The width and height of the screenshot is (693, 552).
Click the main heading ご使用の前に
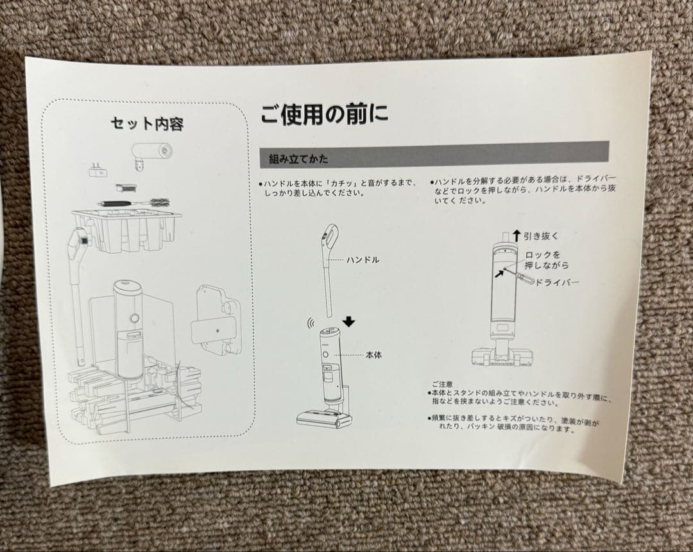tap(324, 114)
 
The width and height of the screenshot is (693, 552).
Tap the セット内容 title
tap(147, 123)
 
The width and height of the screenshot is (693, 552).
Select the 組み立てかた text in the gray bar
tap(299, 159)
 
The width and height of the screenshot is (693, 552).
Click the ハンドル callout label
tap(363, 260)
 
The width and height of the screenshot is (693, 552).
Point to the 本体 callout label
tap(374, 355)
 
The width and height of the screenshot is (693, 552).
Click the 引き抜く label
tap(541, 236)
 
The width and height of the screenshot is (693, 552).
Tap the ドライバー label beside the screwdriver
tap(556, 282)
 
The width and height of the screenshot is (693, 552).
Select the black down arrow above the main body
tap(348, 322)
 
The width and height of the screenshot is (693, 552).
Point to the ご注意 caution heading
tap(442, 385)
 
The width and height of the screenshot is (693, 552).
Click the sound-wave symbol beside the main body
tap(311, 323)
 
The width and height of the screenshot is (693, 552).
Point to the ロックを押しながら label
tap(547, 261)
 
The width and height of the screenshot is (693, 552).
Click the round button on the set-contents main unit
tap(134, 318)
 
